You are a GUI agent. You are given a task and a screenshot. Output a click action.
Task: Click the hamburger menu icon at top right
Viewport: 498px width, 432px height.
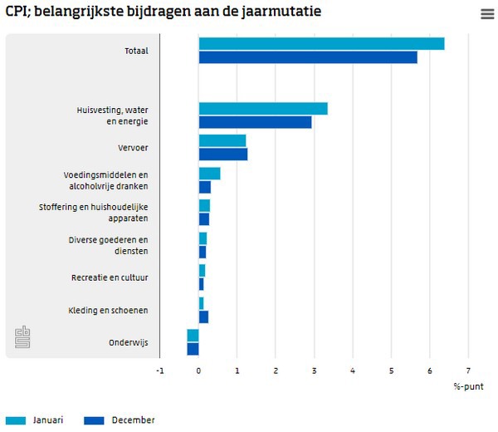coord(487,13)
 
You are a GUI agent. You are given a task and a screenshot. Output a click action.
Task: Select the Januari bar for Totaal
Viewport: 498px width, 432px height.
coord(321,44)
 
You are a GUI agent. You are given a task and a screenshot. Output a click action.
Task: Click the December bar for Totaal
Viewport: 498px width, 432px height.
coord(308,57)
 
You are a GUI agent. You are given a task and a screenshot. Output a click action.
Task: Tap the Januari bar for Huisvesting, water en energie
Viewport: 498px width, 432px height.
coord(263,109)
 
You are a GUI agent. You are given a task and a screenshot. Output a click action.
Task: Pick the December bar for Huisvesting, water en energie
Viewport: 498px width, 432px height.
coord(255,122)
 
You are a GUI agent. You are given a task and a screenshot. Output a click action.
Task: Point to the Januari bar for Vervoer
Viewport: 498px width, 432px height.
coord(222,140)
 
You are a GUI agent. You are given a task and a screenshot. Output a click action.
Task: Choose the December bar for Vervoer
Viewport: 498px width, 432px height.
coord(223,154)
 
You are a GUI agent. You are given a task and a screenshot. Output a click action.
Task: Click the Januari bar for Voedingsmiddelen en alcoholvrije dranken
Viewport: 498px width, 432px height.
coord(209,173)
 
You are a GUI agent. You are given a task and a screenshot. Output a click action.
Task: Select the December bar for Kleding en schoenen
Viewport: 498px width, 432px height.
coord(203,317)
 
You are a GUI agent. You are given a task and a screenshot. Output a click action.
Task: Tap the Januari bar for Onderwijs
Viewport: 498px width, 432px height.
coord(193,336)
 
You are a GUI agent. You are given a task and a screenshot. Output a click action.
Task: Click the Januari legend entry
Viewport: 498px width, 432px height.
coord(34,420)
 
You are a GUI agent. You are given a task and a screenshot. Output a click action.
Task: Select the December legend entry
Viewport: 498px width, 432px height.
coord(120,420)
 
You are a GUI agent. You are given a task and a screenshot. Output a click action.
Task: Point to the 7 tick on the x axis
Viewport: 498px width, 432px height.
coord(468,371)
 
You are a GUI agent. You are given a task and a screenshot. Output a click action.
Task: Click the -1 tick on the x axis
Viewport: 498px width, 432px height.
coord(160,371)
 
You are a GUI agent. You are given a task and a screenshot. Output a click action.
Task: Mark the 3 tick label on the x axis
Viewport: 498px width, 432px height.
coord(314,371)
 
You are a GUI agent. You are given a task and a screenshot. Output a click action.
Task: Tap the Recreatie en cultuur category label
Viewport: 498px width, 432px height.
coord(110,277)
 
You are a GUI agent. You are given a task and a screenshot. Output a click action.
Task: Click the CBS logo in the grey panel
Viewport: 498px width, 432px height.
coord(22,337)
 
